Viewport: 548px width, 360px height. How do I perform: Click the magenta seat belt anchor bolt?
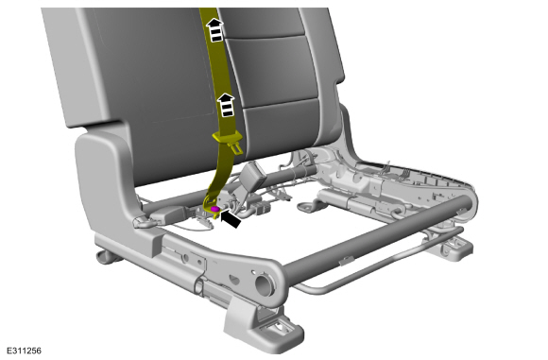(x=215, y=209)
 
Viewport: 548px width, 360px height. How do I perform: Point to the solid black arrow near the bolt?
(x=231, y=219)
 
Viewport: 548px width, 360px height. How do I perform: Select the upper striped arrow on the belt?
(x=215, y=29)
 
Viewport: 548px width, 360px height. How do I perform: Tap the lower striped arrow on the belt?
(x=226, y=105)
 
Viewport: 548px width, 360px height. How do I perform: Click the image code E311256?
(x=25, y=351)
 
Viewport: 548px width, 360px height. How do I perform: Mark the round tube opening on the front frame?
(x=264, y=284)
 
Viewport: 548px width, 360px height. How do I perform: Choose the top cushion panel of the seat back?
(x=262, y=23)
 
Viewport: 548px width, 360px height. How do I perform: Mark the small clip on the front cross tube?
(x=347, y=260)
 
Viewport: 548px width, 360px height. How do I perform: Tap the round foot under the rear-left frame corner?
(x=107, y=257)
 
